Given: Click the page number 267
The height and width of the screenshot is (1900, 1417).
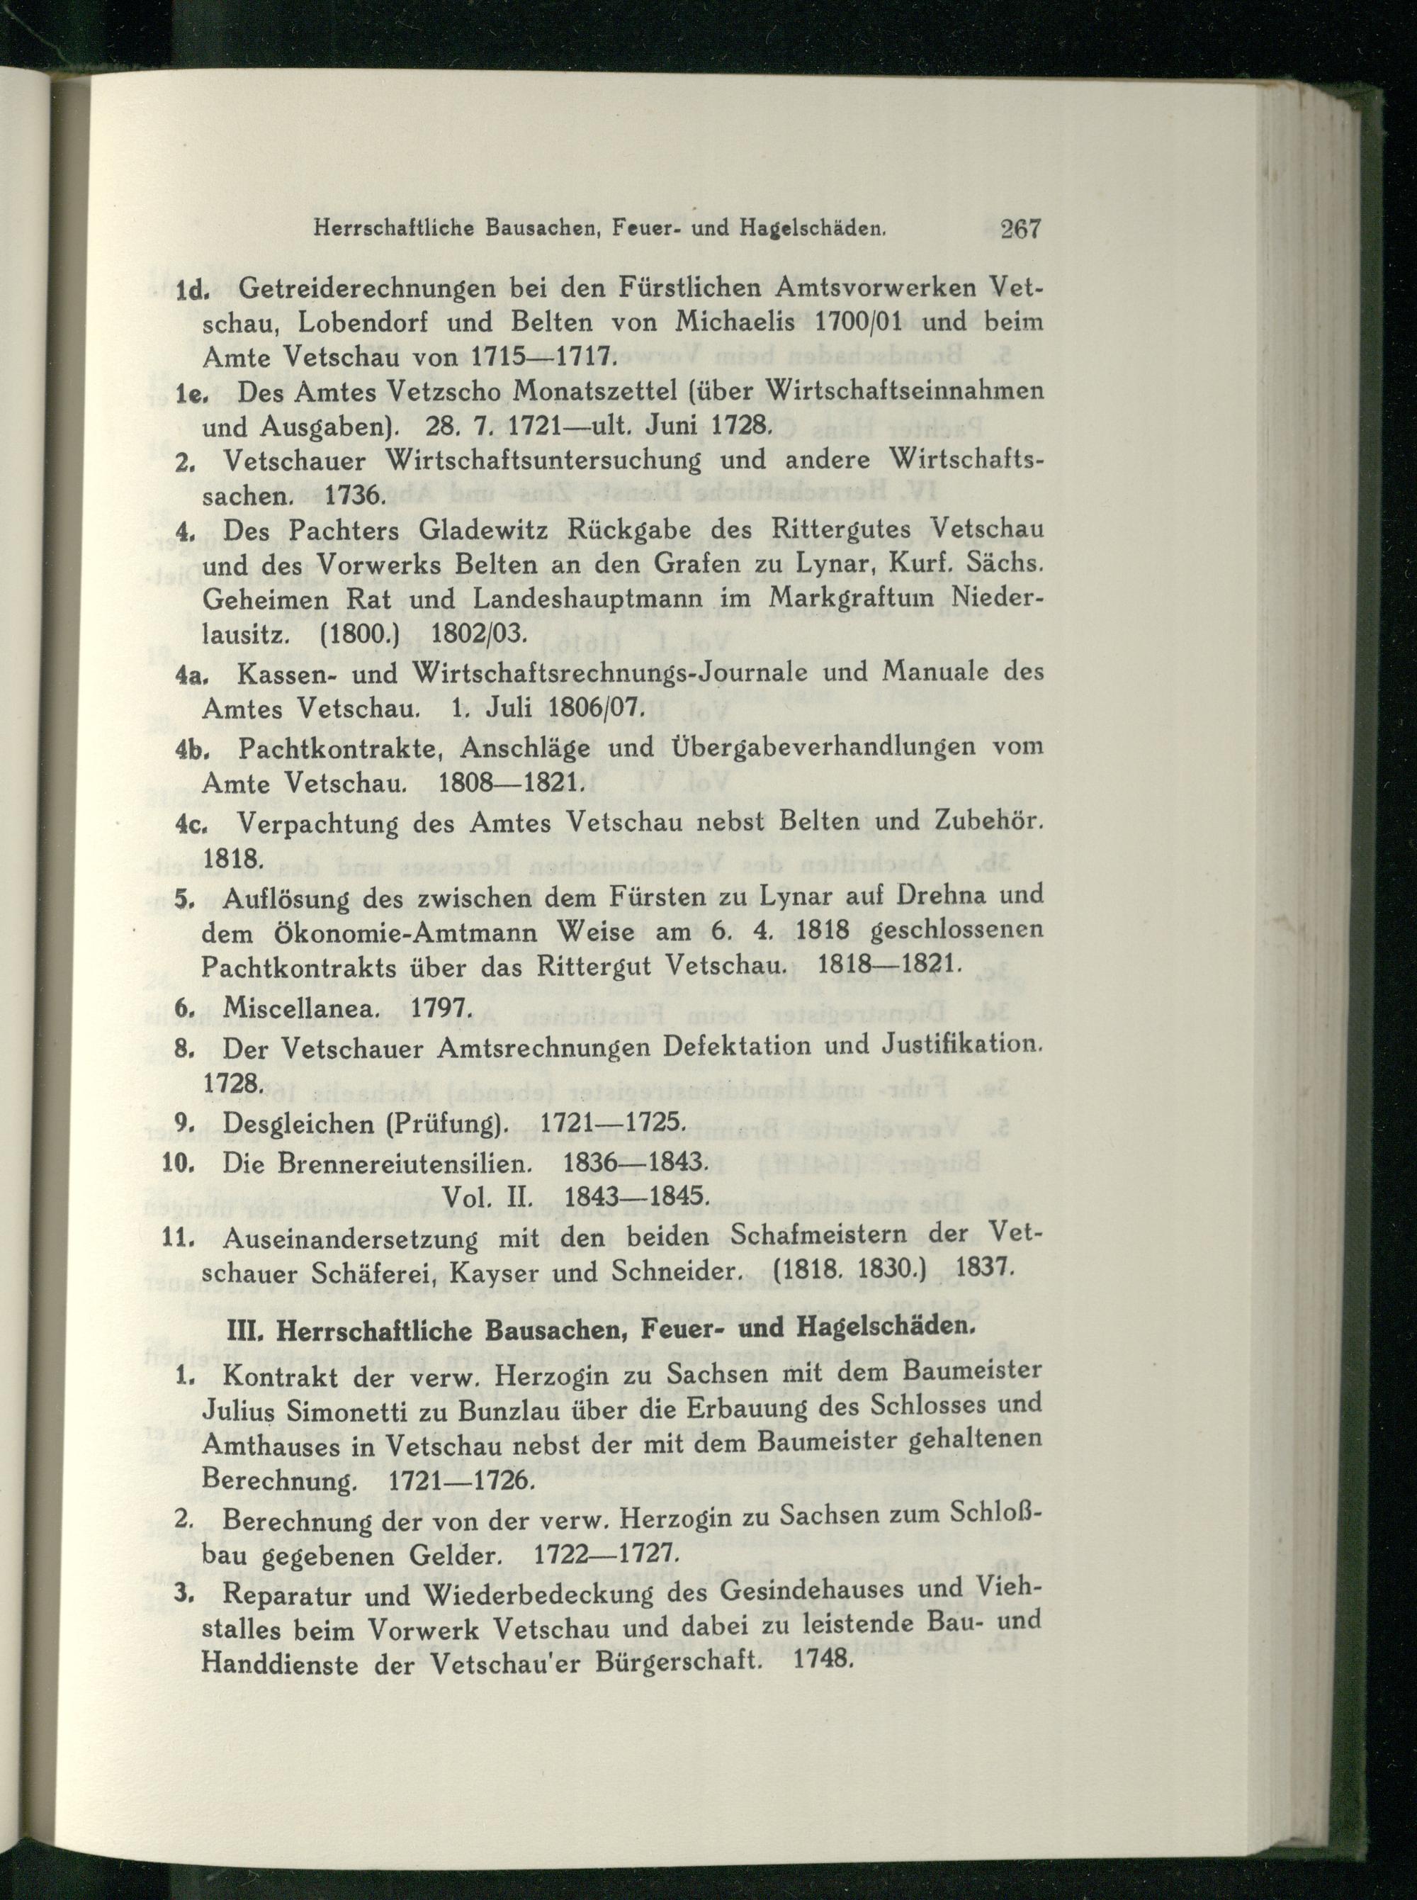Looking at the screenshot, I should click(1020, 229).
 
